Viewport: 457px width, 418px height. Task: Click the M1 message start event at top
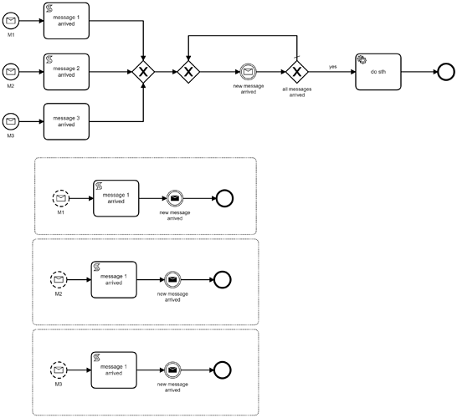pos(11,21)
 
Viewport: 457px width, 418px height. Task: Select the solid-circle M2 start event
pos(11,72)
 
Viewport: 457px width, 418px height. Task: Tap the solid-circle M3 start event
pos(11,121)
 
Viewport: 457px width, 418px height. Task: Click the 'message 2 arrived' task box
pos(66,72)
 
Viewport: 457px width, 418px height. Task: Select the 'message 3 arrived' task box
pos(66,121)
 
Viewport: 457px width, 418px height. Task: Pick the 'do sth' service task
pos(378,72)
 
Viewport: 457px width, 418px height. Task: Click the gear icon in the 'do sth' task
pos(362,59)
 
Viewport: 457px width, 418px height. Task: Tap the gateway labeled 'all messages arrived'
pos(296,72)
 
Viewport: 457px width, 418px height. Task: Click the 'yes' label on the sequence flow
pos(333,67)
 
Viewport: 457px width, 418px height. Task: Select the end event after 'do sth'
pos(446,72)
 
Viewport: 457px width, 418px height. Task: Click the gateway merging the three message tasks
pos(143,72)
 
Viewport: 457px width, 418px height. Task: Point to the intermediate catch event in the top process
pos(248,72)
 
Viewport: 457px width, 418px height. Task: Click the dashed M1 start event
pos(61,198)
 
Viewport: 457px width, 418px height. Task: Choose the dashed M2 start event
pos(59,280)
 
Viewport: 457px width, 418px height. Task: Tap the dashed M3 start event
pos(59,370)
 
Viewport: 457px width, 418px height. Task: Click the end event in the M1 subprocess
pos(224,198)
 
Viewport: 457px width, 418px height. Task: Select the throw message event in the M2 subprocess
pos(172,280)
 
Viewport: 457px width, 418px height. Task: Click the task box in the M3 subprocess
pos(114,370)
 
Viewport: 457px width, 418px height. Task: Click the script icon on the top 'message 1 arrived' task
pos(49,8)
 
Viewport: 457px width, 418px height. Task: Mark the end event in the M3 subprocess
pos(223,370)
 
